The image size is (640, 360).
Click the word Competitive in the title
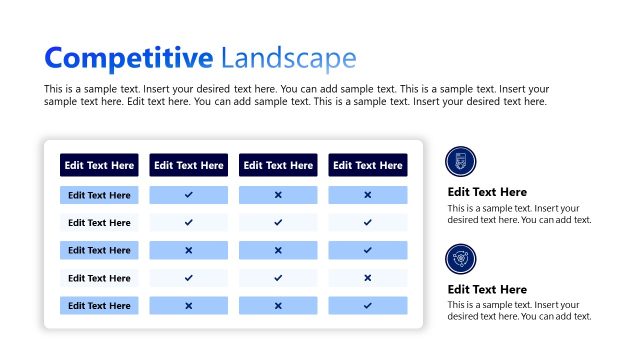click(x=128, y=58)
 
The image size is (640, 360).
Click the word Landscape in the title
click(x=288, y=58)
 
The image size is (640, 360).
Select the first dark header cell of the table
click(x=99, y=165)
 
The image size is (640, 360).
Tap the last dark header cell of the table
click(x=367, y=165)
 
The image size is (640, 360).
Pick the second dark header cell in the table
click(x=188, y=165)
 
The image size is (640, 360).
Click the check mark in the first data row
click(x=188, y=195)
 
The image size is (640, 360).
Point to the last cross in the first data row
click(x=367, y=195)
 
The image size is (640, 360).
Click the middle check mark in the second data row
click(x=278, y=222)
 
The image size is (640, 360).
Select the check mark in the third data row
click(x=367, y=250)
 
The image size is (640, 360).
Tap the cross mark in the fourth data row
click(x=367, y=278)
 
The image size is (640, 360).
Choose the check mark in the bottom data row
click(x=367, y=305)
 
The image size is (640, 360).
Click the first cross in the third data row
click(x=188, y=250)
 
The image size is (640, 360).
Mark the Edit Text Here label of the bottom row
click(x=99, y=305)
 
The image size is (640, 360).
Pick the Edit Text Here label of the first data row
click(x=99, y=195)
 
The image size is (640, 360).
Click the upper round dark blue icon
click(x=461, y=161)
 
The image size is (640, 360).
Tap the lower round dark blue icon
click(x=461, y=259)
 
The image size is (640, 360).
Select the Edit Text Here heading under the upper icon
click(x=487, y=192)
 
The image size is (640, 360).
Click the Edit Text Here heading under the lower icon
click(x=487, y=290)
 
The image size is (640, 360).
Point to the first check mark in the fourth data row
click(x=188, y=278)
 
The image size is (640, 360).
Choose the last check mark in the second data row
click(x=367, y=222)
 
